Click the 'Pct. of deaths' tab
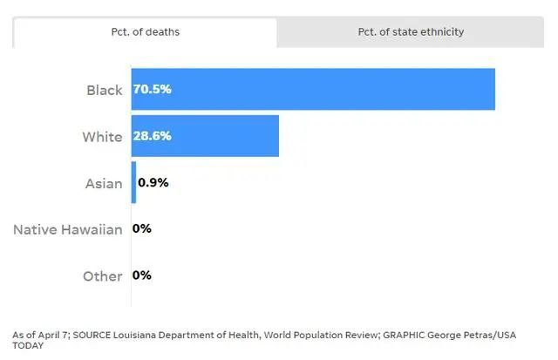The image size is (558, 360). pos(146,32)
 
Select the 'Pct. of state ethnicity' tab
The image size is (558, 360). pos(411,32)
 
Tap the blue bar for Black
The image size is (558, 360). pos(313,89)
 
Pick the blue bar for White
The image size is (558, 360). pos(205,136)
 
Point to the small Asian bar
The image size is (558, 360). pos(133,182)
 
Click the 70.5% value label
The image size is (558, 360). pos(153,89)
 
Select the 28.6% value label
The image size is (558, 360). pos(153,136)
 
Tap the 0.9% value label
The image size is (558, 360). pos(153,182)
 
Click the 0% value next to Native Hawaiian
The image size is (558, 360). pos(142,228)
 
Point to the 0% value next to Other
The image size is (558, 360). pos(142,275)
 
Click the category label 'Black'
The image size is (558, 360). pos(105,91)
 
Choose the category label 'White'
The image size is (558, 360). pos(102,137)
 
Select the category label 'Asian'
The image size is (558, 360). pos(104,184)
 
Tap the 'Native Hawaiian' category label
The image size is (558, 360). pos(68,230)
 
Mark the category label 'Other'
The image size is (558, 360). pos(103,276)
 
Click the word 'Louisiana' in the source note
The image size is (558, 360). pos(134,335)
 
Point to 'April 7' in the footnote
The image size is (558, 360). pos(52,335)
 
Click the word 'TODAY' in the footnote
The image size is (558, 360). pos(28,346)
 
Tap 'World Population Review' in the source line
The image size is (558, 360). pos(320,335)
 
